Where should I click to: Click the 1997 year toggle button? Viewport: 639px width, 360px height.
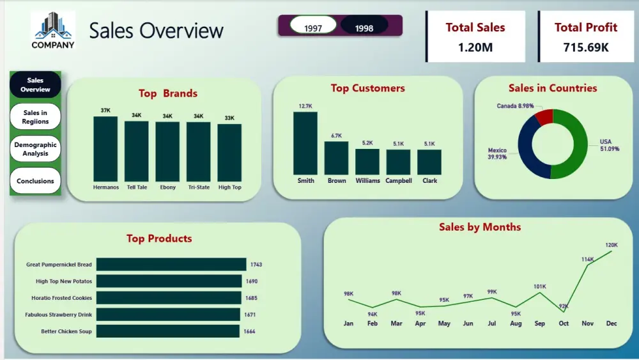click(313, 28)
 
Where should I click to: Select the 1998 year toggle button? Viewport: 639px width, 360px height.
click(364, 28)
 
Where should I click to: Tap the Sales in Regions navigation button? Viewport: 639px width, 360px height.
click(35, 117)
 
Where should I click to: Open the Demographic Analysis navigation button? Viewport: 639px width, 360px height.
click(35, 148)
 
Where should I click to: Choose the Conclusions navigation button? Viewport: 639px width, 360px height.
click(35, 181)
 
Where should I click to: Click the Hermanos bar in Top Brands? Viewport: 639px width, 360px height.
click(105, 149)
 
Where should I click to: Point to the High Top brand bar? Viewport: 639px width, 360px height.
click(229, 153)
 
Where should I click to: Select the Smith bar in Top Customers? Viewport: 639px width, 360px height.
click(305, 143)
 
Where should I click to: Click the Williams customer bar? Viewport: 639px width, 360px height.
click(367, 162)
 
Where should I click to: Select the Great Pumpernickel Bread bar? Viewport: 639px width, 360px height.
click(171, 264)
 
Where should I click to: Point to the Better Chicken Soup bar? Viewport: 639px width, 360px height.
click(168, 331)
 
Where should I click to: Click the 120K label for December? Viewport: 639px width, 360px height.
click(612, 245)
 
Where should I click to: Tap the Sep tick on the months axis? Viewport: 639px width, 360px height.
click(540, 324)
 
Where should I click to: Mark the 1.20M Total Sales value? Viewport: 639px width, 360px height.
click(475, 47)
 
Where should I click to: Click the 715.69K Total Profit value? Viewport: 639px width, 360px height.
click(586, 47)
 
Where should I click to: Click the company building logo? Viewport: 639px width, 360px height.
click(53, 26)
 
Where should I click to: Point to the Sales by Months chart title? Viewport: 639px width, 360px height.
click(479, 227)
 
